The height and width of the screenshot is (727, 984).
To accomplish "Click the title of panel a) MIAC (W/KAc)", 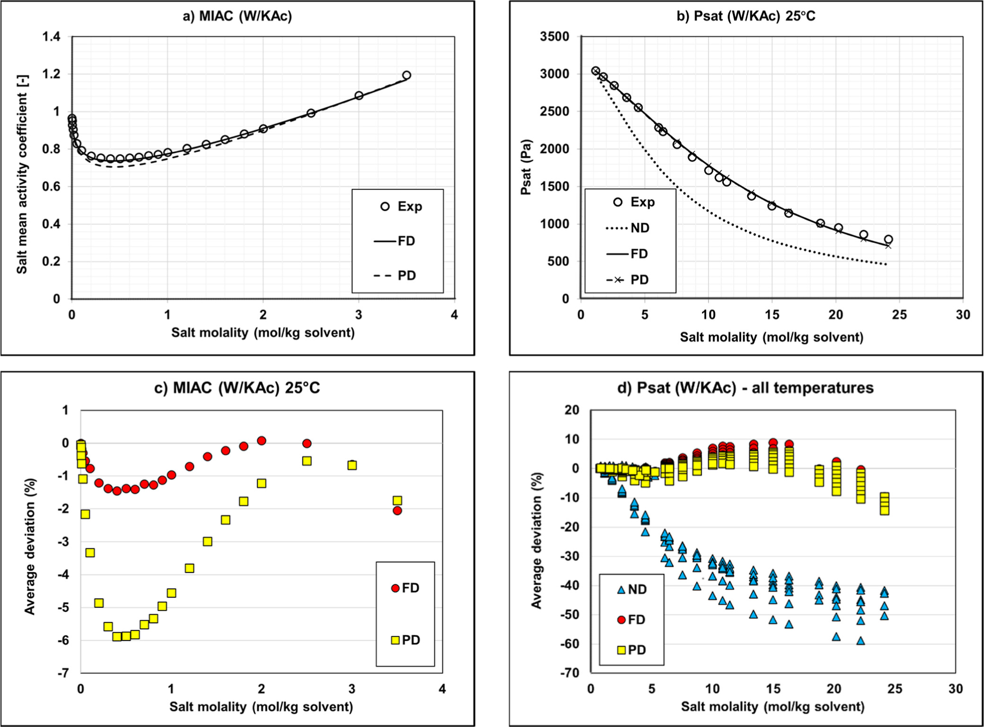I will point(237,16).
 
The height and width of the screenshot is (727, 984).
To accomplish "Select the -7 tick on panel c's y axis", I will point(63,673).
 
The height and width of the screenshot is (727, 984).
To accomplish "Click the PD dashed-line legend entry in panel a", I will point(395,276).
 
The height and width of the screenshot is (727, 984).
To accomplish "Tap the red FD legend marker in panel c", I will point(395,588).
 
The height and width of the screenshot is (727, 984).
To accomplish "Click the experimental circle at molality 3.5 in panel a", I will point(406,75).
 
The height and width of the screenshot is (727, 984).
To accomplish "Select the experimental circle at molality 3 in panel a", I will point(359,95).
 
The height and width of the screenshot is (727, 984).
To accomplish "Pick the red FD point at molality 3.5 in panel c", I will point(397,511).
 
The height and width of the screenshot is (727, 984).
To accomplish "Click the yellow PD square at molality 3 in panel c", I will point(352,465).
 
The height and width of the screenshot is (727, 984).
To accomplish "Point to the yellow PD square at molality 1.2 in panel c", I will point(189,568).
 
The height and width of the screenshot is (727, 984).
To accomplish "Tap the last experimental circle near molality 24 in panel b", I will point(888,240).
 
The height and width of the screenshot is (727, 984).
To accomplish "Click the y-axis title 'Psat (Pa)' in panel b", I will point(526,167).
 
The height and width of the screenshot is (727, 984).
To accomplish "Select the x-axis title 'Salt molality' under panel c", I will point(261,707).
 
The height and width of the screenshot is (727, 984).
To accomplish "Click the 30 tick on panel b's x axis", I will point(963,315).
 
